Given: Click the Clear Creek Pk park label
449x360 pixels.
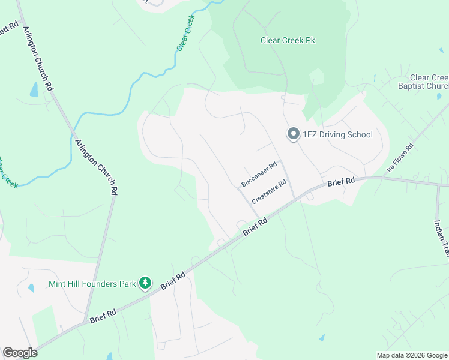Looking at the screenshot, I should pos(288,41).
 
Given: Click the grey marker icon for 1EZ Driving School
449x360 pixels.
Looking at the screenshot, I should pos(293,134).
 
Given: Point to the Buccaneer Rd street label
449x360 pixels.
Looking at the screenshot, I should pos(259,173).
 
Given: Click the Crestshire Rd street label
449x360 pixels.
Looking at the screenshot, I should pos(269,191).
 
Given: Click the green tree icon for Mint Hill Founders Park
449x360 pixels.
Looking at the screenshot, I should pos(145,282).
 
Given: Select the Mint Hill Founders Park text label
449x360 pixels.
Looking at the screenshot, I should pos(92,283).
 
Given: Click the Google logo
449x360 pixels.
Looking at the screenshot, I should pos(20,353).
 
